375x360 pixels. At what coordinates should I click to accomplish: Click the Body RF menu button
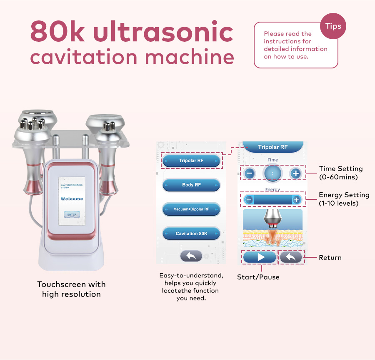[191, 185]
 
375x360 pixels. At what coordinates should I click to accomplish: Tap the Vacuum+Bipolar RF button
[191, 209]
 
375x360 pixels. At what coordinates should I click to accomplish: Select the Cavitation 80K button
[191, 234]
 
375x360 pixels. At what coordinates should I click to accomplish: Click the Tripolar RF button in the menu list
[191, 161]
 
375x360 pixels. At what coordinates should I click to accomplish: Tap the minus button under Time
[250, 173]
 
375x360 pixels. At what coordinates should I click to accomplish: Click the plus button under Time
[295, 173]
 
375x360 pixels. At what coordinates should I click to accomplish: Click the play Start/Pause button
[260, 257]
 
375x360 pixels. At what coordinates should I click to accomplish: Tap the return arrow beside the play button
[291, 257]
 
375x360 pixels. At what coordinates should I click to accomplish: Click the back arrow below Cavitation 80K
[191, 256]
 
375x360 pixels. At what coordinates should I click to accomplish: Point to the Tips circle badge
[333, 26]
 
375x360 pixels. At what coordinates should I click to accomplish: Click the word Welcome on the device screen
[72, 199]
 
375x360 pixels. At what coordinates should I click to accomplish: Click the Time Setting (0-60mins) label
[341, 172]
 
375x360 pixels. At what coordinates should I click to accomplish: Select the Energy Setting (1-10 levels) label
[344, 199]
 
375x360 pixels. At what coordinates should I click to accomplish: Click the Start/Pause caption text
[258, 277]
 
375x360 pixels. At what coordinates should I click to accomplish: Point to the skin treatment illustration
[272, 230]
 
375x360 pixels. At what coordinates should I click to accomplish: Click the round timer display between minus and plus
[272, 173]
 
